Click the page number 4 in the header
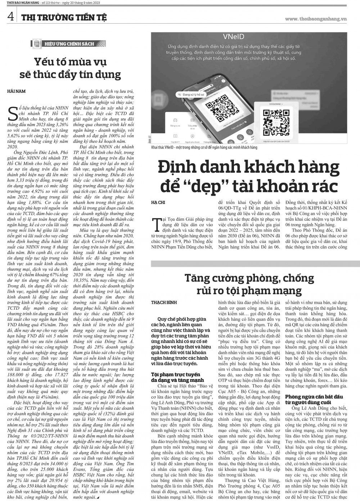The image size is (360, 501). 11,16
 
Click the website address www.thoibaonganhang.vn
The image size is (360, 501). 315,19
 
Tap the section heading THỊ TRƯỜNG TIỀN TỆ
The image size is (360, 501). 60,17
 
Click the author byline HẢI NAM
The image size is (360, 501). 17,91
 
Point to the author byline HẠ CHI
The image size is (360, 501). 158,202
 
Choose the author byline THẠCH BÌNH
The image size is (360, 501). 164,303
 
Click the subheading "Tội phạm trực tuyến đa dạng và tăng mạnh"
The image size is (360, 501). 177,377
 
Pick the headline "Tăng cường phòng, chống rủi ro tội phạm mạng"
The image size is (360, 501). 248,284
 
